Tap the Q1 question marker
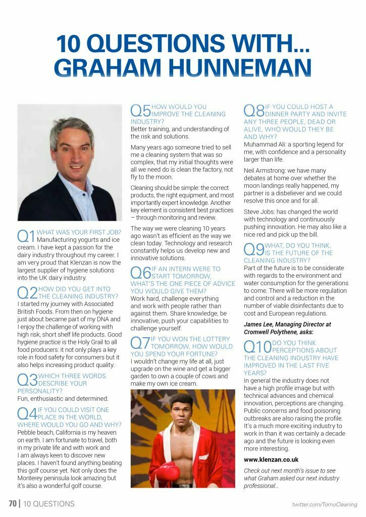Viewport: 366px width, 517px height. [26, 235]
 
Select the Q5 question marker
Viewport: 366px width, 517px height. [140, 111]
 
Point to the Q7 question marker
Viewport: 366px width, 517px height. [140, 343]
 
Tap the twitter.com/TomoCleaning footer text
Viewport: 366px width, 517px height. [325, 504]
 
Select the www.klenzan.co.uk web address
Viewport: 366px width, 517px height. [271, 459]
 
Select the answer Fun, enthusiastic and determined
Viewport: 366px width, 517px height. [63, 398]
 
